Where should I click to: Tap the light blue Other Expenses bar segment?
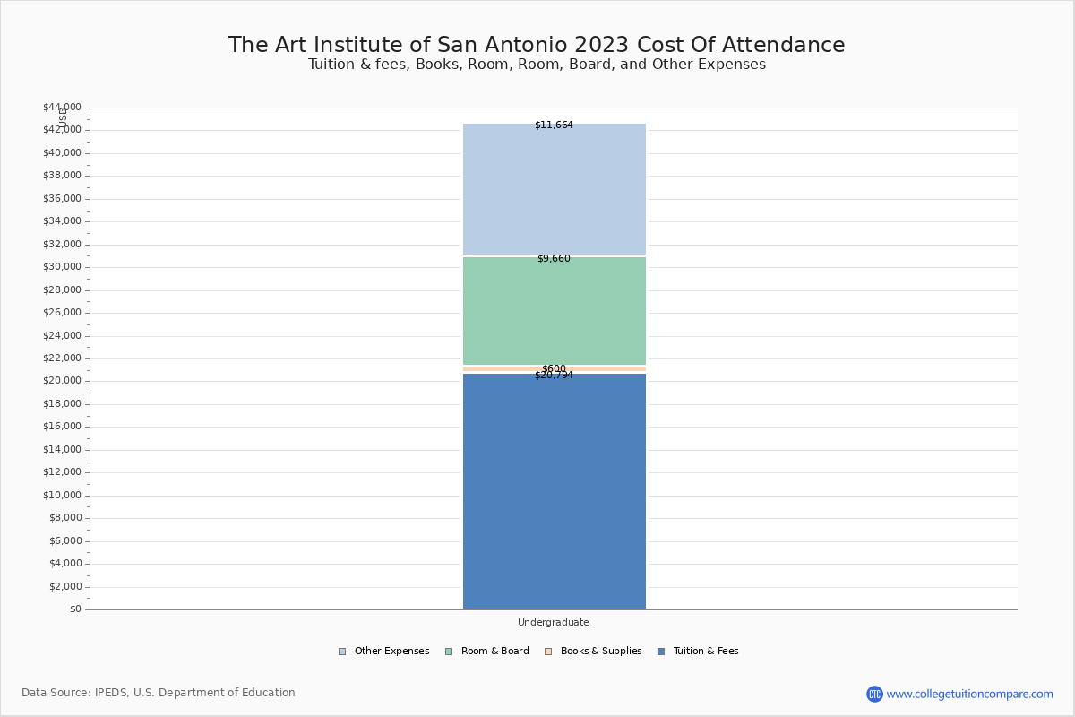[x=554, y=188]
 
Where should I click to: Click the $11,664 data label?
[x=554, y=125]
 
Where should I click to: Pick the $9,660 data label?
[x=554, y=259]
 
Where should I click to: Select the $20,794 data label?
[x=554, y=376]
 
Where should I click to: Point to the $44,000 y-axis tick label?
[x=62, y=108]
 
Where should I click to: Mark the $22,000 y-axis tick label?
[x=62, y=358]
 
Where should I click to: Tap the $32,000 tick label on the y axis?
[x=62, y=245]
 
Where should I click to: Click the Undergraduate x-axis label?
[x=554, y=622]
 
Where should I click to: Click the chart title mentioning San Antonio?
[x=537, y=45]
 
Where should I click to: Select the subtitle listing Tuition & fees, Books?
[x=537, y=65]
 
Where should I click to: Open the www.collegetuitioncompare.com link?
[x=969, y=694]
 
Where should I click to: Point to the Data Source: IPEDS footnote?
[x=159, y=693]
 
